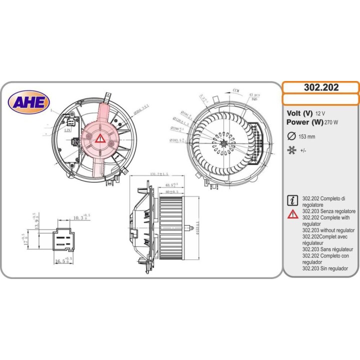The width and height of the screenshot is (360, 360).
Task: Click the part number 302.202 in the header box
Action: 321,87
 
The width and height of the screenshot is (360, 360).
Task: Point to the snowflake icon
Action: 291,150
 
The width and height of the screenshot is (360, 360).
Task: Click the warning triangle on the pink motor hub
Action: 100,138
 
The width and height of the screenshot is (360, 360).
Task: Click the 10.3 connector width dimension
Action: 78,218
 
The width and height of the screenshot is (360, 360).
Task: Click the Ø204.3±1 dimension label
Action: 138,108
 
